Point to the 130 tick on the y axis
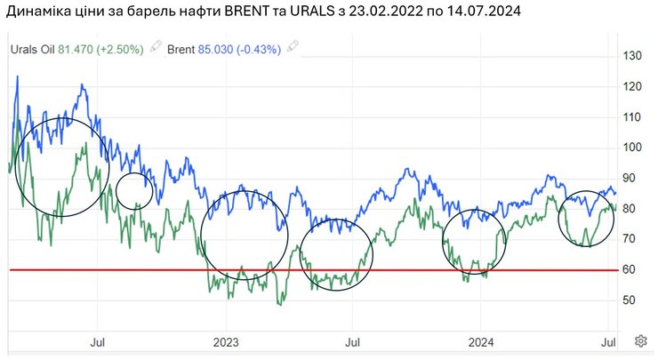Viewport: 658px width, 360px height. [632, 56]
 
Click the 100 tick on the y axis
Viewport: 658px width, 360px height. [632, 148]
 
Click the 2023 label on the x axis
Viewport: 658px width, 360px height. [226, 340]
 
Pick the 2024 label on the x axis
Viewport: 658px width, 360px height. [480, 340]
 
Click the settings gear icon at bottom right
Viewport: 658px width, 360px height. [640, 340]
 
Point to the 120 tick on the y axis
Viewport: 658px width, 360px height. [632, 87]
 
